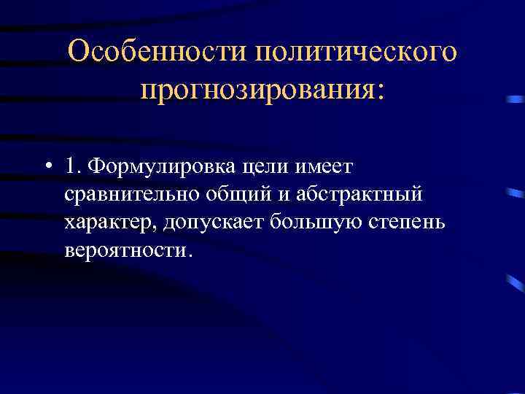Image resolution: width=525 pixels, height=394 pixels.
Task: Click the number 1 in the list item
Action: (x=71, y=168)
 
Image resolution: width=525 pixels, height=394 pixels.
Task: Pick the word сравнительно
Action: (x=129, y=196)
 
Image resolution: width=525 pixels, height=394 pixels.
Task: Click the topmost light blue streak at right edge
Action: (x=516, y=98)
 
